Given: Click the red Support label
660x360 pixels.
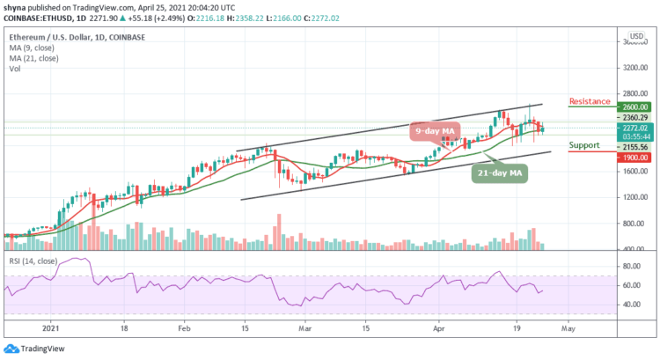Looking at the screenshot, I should click(585, 144).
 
